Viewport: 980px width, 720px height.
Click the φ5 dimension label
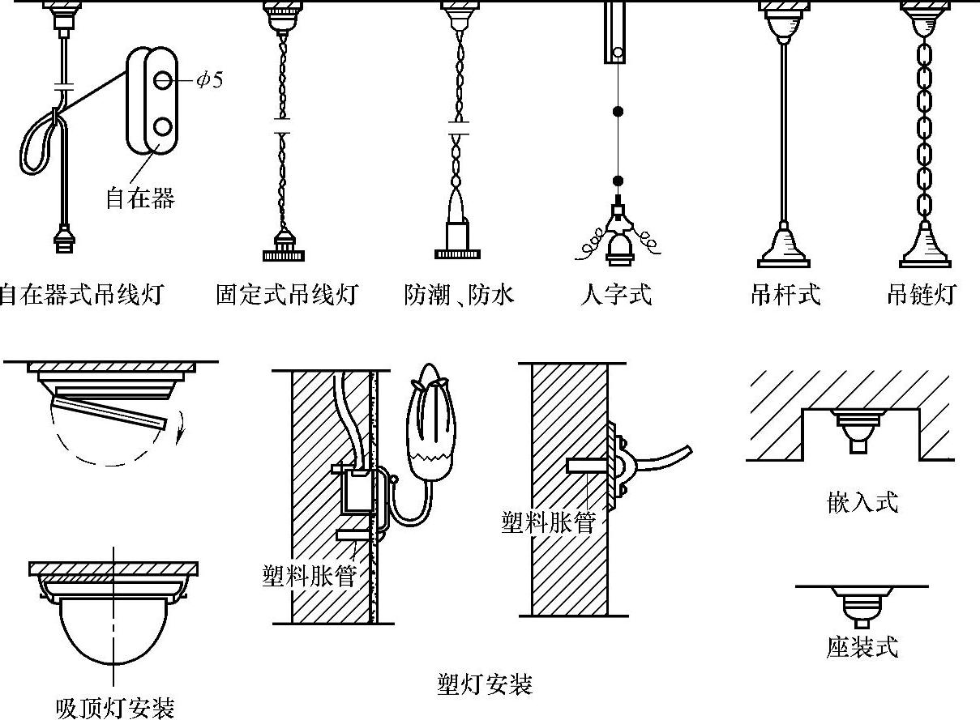click(208, 81)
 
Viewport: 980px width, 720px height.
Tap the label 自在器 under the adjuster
click(139, 197)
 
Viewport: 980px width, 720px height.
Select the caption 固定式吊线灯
click(286, 294)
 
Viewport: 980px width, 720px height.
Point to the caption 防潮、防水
click(459, 294)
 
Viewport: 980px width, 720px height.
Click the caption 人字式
click(616, 294)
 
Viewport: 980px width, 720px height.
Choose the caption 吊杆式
click(785, 294)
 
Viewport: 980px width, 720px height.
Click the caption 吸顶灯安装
click(115, 708)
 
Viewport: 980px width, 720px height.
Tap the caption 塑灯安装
click(484, 686)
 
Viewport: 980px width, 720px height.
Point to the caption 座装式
click(862, 646)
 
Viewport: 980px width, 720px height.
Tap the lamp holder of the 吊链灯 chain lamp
click(925, 246)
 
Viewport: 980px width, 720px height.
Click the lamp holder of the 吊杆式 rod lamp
click(785, 246)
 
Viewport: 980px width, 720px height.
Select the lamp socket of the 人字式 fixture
click(617, 246)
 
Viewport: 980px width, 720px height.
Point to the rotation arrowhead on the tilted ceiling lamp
click(179, 440)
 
